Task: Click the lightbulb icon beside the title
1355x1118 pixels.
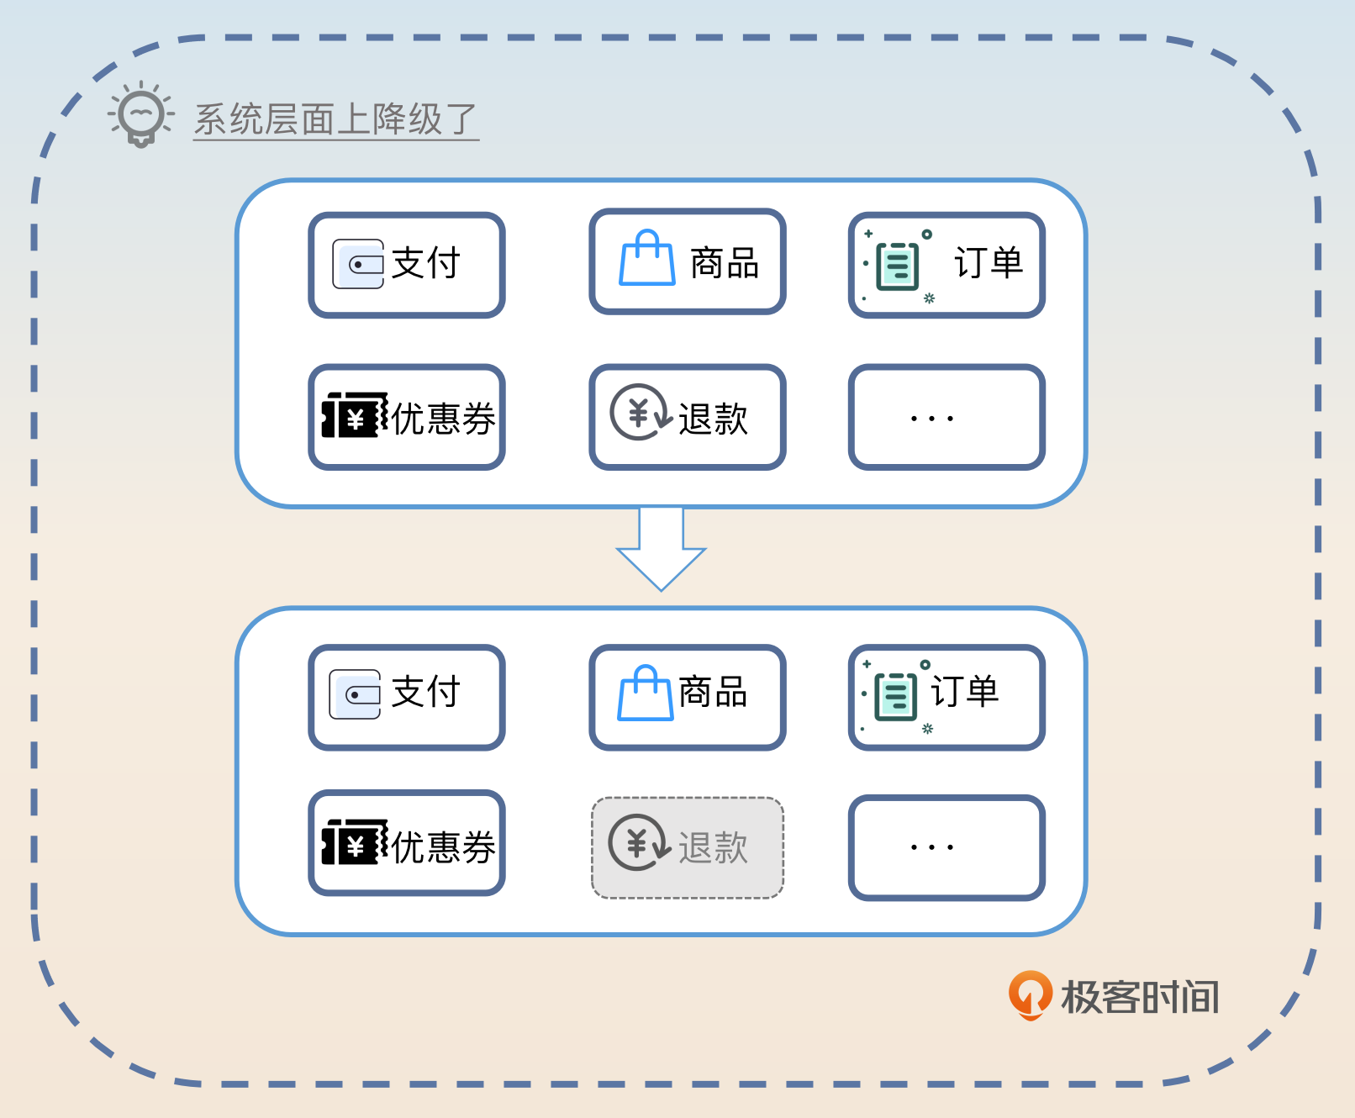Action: click(x=140, y=114)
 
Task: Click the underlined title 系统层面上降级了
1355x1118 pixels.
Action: click(x=335, y=119)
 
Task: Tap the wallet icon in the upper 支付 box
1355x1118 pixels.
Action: click(x=358, y=264)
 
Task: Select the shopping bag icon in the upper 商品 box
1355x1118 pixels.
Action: click(x=646, y=259)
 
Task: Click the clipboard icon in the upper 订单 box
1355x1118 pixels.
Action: click(x=897, y=266)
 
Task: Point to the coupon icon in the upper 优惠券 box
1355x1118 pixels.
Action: click(x=355, y=416)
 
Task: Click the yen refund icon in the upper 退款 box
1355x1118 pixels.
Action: click(x=639, y=413)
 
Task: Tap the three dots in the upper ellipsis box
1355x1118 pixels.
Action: click(x=932, y=418)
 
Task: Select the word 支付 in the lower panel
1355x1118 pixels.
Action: click(x=425, y=693)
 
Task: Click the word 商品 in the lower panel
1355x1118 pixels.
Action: click(x=713, y=693)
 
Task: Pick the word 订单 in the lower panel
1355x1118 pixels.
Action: click(x=965, y=692)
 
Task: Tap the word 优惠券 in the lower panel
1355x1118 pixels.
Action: click(x=444, y=846)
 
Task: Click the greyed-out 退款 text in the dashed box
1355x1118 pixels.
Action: click(x=713, y=847)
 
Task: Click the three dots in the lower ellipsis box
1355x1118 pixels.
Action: click(x=932, y=847)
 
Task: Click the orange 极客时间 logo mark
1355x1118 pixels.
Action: click(x=1030, y=994)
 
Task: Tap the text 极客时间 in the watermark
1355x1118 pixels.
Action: click(x=1140, y=998)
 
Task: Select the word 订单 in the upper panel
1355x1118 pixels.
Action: click(x=989, y=263)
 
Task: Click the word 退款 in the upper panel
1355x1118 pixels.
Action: click(x=713, y=418)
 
